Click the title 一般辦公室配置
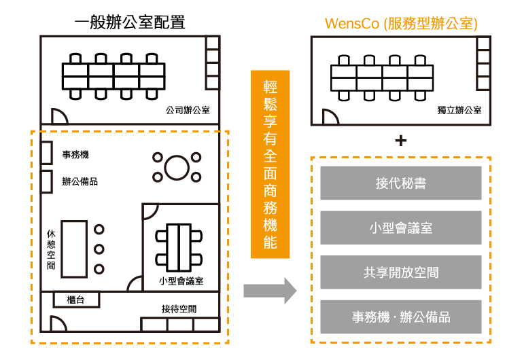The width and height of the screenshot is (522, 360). [x=130, y=22]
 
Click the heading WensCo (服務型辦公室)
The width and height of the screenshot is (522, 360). [x=401, y=23]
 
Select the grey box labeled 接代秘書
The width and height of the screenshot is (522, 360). [x=401, y=183]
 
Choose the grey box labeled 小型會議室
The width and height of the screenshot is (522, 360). [x=401, y=228]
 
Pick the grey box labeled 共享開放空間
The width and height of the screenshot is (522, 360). [x=401, y=272]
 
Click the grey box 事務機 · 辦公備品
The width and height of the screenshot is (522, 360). [x=401, y=317]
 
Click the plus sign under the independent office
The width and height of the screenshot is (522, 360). [x=401, y=141]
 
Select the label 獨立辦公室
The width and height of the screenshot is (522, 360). [x=459, y=109]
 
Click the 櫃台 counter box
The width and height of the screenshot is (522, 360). [x=76, y=300]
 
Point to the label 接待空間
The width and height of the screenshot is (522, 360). [x=179, y=309]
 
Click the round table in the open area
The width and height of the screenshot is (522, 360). [x=177, y=167]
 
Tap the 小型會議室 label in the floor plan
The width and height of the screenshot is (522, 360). [x=181, y=280]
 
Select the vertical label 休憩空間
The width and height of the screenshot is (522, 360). [x=51, y=249]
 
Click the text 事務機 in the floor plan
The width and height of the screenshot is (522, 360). [x=75, y=155]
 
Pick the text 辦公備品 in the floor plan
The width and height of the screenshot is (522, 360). [x=80, y=181]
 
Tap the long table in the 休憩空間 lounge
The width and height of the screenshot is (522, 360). [x=74, y=249]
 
